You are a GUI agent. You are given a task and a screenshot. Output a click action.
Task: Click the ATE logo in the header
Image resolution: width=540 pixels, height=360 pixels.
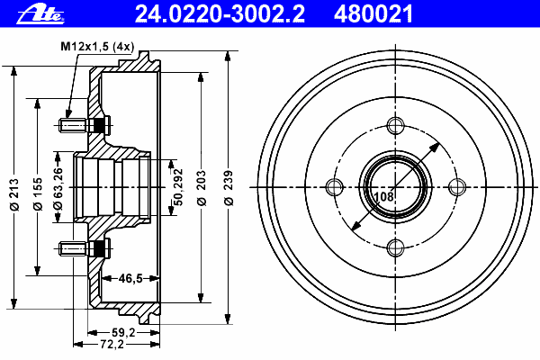pyautogui.click(x=40, y=14)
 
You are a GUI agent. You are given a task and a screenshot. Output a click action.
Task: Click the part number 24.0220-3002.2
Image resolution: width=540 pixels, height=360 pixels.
pyautogui.click(x=220, y=13)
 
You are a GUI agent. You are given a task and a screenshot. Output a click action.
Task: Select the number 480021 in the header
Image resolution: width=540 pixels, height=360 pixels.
pyautogui.click(x=373, y=13)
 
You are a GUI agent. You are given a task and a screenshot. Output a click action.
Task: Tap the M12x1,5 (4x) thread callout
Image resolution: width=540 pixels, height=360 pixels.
pyautogui.click(x=97, y=46)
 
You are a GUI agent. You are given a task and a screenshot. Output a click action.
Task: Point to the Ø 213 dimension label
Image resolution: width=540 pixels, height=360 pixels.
pyautogui.click(x=14, y=194)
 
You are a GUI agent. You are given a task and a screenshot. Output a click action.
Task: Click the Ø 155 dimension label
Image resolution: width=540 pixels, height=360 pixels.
pyautogui.click(x=38, y=194)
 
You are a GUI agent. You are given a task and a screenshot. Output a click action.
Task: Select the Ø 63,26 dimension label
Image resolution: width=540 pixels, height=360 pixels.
pyautogui.click(x=58, y=188)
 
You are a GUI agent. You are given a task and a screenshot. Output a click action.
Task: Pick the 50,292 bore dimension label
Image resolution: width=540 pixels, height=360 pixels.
pyautogui.click(x=178, y=187)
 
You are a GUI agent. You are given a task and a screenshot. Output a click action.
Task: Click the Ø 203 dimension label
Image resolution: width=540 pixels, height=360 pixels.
pyautogui.click(x=202, y=188)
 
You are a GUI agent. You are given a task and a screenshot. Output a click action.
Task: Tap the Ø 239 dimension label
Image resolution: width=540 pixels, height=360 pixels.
pyautogui.click(x=229, y=188)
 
